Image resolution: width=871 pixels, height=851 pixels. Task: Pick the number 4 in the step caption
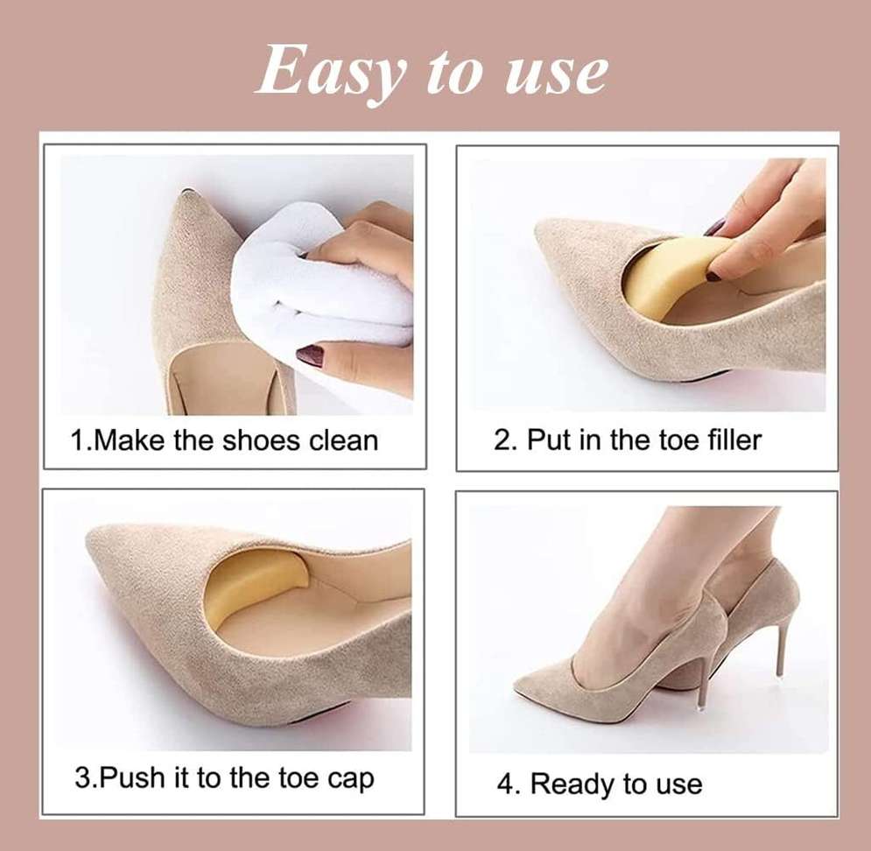(x=505, y=784)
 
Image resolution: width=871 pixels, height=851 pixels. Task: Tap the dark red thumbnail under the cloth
(x=311, y=355)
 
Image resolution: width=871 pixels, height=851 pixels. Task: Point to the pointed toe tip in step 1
(x=187, y=192)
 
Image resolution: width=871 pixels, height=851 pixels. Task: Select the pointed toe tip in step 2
(x=537, y=229)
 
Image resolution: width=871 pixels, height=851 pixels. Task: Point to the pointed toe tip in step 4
(x=517, y=686)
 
